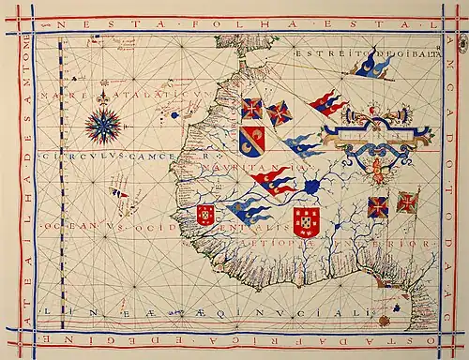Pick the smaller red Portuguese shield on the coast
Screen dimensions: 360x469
tap(205, 215)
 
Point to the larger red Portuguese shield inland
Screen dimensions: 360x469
tap(306, 222)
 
